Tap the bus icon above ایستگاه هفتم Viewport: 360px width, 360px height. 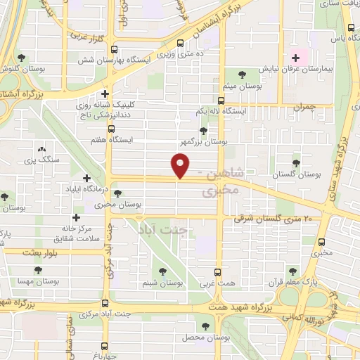click(111, 129)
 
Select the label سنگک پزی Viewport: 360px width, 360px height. click(39, 160)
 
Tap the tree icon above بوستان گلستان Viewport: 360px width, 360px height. click(296, 162)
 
